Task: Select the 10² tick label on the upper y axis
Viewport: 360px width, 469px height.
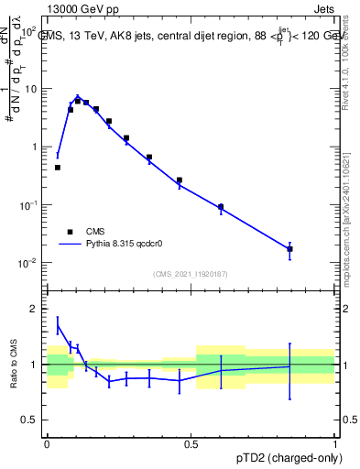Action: point(29,31)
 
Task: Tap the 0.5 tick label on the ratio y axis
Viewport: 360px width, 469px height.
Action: point(31,420)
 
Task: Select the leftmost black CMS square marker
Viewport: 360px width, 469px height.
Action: point(58,168)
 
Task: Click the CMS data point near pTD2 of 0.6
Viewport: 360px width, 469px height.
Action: point(221,207)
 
